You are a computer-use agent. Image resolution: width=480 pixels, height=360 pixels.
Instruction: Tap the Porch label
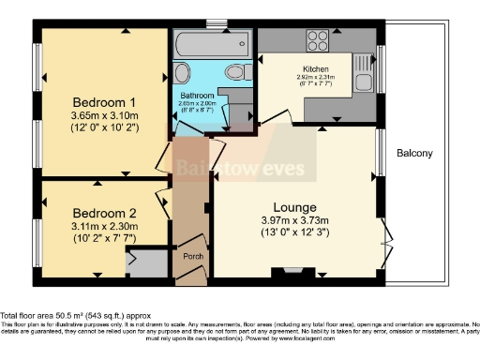194,257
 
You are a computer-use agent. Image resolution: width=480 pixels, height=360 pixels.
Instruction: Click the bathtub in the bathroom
212,43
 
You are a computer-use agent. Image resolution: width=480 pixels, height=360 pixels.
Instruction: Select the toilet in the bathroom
236,71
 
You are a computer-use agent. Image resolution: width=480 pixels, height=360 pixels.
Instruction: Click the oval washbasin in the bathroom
183,72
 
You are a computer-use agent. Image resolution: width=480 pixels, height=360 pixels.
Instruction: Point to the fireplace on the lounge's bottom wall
282,274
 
